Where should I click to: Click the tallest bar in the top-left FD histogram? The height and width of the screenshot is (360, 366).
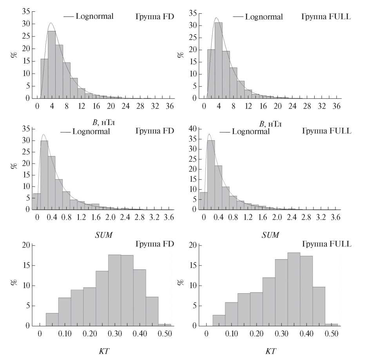51,65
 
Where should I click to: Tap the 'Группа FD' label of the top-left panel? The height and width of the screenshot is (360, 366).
154,16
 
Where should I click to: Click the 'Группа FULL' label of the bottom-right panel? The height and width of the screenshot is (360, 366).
326,244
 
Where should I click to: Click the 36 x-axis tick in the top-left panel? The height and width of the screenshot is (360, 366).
170,106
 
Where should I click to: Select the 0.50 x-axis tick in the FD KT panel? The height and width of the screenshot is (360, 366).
168,333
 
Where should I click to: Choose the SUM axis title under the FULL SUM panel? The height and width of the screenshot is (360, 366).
270,235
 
